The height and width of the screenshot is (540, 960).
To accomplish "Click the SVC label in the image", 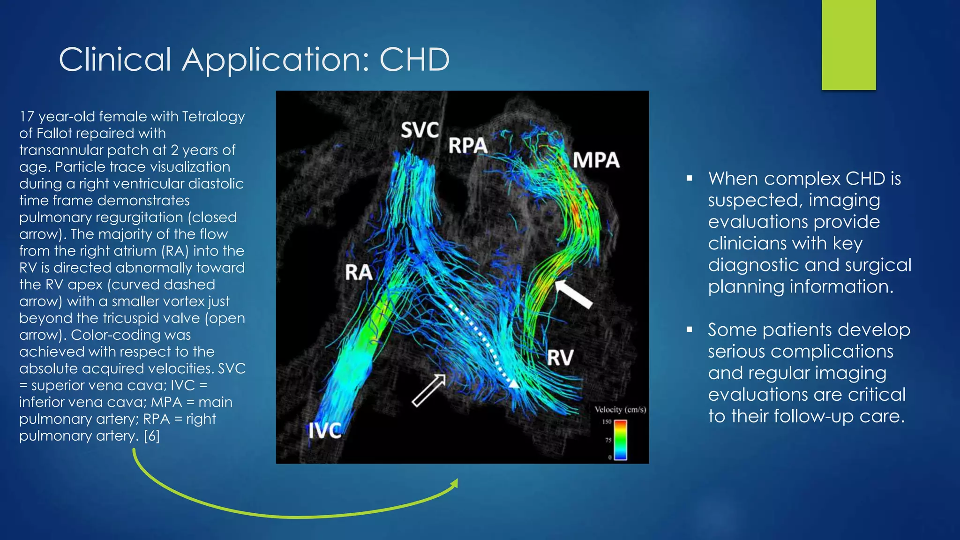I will point(420,130).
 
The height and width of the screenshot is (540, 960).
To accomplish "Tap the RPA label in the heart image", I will point(467,145).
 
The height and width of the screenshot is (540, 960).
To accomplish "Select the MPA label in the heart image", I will point(596,160).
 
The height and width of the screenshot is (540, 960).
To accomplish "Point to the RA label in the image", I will point(359,272).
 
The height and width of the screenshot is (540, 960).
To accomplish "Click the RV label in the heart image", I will point(560,358).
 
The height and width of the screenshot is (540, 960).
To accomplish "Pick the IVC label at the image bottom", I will point(325,430).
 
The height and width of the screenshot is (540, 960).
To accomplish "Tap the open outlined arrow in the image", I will point(428,390).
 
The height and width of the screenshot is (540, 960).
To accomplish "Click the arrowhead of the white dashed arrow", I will point(514,384).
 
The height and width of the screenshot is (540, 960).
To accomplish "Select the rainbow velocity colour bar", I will point(620,440).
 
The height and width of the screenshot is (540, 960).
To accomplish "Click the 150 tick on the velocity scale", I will point(607,422).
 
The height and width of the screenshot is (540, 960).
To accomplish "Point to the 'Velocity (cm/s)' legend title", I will point(620,410).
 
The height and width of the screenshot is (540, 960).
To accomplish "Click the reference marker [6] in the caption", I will point(152,436).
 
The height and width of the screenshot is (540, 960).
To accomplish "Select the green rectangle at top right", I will point(848,45).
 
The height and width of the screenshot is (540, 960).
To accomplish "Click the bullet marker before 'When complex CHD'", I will point(689,179).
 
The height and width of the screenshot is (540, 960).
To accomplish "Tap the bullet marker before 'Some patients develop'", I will point(689,330).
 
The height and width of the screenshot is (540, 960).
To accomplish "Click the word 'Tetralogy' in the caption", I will point(213,117).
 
